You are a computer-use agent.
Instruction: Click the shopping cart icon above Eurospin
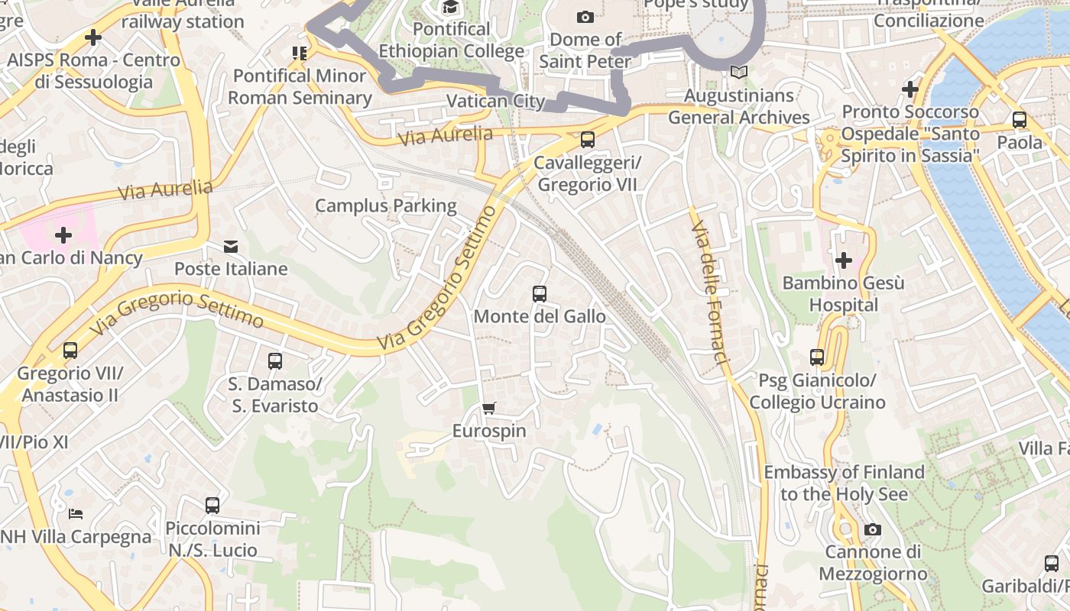click(x=489, y=408)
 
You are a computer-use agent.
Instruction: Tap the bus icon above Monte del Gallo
click(x=540, y=293)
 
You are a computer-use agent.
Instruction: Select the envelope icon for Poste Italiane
click(x=231, y=246)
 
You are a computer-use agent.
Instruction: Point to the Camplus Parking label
click(x=386, y=205)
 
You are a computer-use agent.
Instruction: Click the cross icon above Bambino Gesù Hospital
click(x=844, y=260)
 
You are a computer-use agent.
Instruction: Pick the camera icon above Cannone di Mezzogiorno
click(x=872, y=529)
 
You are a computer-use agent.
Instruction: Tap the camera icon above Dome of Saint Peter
click(x=585, y=17)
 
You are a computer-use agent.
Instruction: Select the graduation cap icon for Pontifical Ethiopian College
click(x=451, y=8)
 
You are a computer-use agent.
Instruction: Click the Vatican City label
click(x=495, y=101)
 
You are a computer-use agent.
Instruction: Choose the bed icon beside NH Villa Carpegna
click(x=75, y=513)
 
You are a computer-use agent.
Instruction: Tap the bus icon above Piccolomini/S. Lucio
click(x=212, y=505)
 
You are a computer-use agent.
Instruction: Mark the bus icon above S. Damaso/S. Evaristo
click(x=275, y=360)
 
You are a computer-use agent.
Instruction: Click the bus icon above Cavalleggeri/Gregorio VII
click(x=587, y=140)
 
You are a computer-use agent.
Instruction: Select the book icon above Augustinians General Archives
click(x=738, y=73)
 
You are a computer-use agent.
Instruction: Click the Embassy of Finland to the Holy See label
click(x=845, y=483)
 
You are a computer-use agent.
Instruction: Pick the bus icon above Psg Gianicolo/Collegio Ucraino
click(x=817, y=357)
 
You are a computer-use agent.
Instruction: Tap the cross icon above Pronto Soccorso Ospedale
click(x=909, y=89)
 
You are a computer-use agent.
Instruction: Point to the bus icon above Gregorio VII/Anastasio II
click(x=70, y=351)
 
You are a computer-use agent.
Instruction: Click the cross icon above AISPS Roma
click(x=93, y=37)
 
